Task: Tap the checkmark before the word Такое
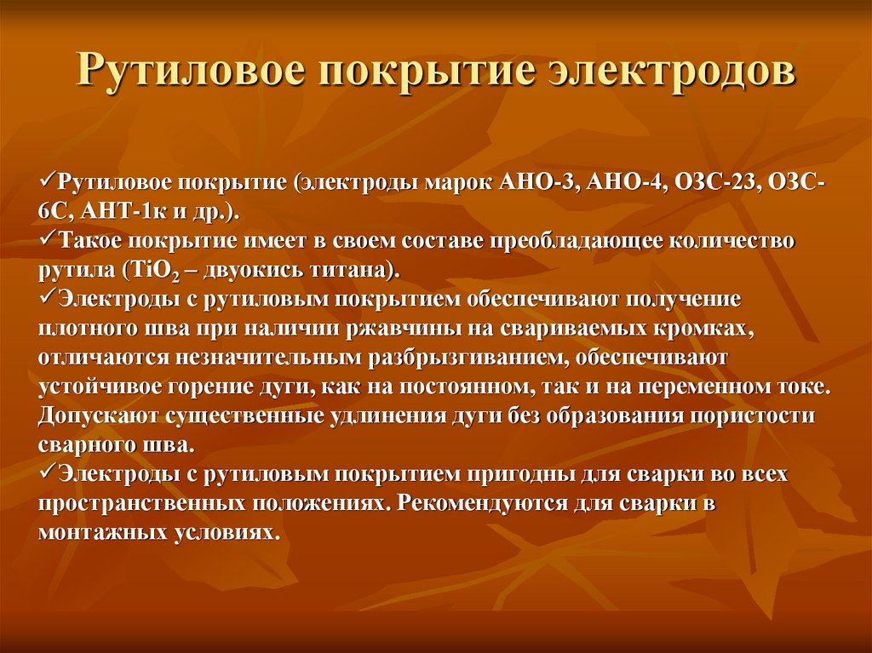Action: click(x=48, y=241)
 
